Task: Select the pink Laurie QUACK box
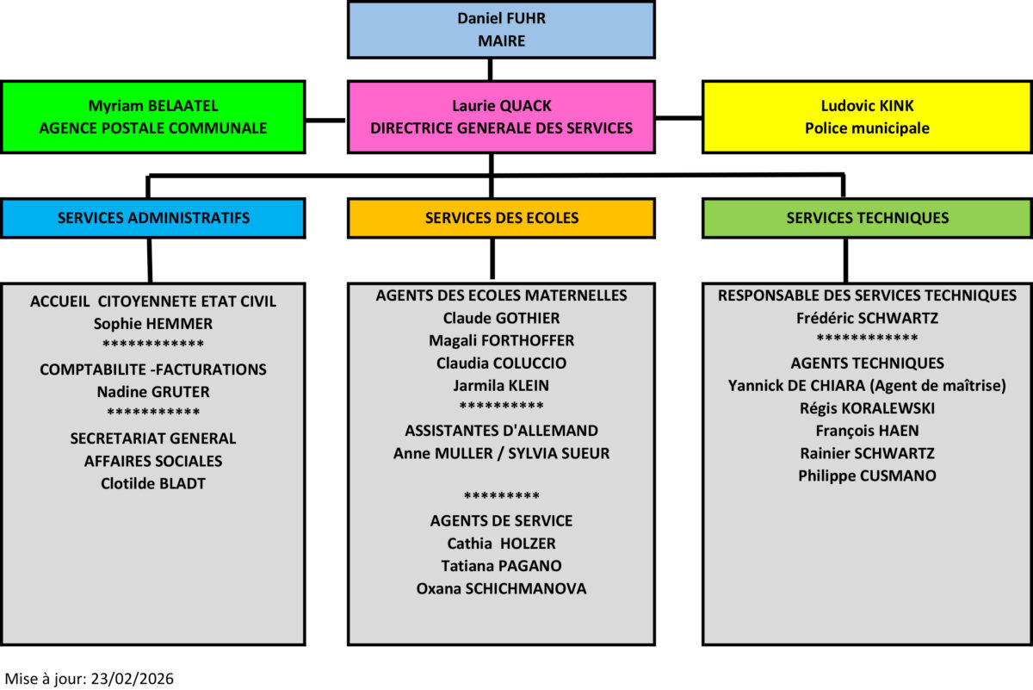click(501, 117)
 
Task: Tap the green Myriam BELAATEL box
click(153, 117)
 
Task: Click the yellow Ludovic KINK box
click(867, 117)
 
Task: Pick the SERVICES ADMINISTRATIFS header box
click(153, 218)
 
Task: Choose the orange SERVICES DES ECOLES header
click(501, 218)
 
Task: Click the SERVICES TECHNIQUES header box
click(867, 218)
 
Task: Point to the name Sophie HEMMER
click(153, 324)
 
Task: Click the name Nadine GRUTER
click(153, 392)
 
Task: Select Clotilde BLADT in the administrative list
click(153, 483)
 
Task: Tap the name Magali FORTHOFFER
click(501, 340)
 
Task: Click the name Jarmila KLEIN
click(501, 385)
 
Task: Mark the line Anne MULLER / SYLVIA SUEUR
click(501, 453)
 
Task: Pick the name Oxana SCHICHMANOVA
click(501, 588)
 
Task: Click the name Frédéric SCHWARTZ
click(867, 318)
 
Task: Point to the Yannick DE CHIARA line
click(867, 385)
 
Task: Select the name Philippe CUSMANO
click(867, 476)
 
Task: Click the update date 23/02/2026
click(130, 679)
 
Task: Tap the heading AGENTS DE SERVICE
click(501, 520)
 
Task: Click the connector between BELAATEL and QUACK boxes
click(326, 119)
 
